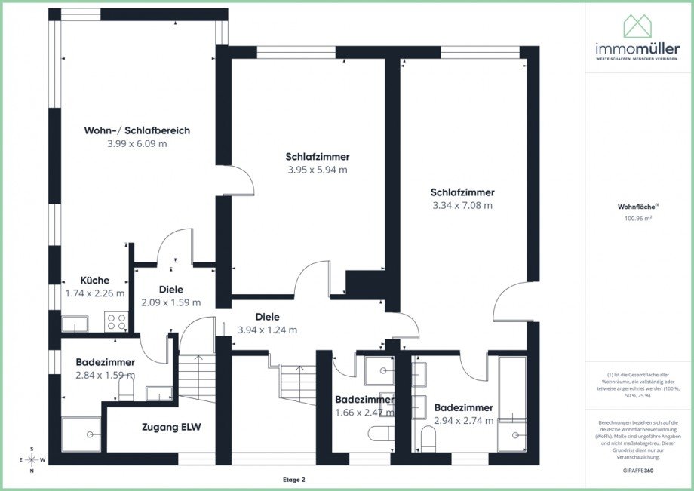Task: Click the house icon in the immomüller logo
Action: pos(638,26)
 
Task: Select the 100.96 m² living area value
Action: pos(638,219)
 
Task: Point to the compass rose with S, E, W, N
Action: pos(32,459)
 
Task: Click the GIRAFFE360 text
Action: pos(638,471)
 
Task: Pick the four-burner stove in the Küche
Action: pos(116,322)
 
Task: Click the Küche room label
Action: pos(94,280)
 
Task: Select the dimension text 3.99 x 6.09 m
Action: pos(137,143)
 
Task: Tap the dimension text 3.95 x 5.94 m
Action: pos(318,170)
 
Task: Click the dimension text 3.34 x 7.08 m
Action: pos(462,205)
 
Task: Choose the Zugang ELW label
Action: pos(171,427)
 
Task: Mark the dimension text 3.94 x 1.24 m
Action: pos(267,330)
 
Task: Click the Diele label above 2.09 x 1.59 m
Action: pos(171,289)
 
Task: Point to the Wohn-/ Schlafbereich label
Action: pos(137,130)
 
